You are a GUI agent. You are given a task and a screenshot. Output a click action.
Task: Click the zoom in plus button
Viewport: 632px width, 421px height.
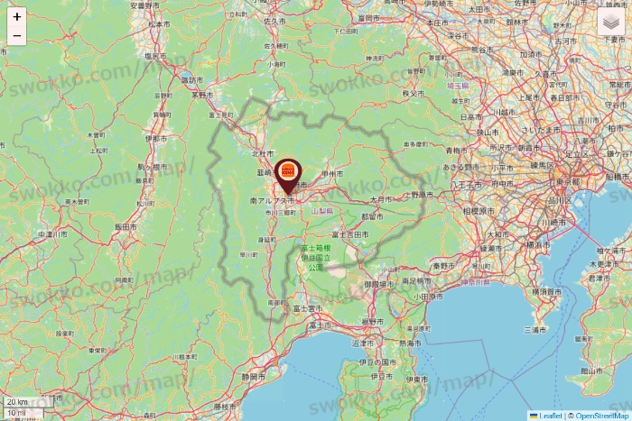[17, 16]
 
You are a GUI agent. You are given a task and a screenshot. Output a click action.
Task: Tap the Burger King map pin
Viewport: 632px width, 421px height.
[287, 172]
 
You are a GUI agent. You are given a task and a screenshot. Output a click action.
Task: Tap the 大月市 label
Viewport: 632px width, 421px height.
[378, 198]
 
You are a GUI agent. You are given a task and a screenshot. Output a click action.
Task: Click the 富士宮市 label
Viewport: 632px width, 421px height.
[302, 308]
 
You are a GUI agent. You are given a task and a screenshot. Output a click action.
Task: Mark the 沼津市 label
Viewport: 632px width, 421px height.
[364, 343]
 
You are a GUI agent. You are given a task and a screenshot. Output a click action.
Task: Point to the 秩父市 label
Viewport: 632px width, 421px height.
[414, 92]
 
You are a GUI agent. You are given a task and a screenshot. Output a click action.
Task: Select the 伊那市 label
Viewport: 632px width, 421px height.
[155, 140]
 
